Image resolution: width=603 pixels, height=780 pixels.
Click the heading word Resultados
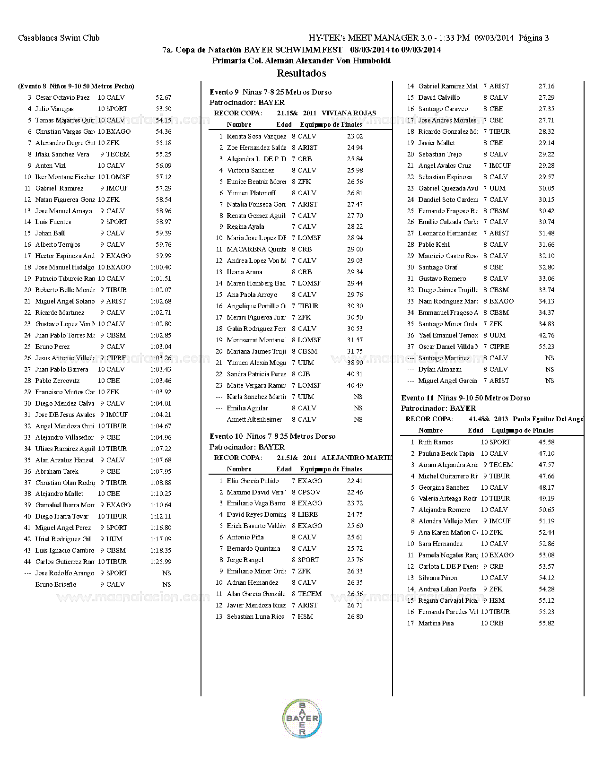tap(301, 73)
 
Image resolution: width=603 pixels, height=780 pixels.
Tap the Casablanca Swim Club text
tap(59, 38)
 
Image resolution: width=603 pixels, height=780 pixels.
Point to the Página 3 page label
tap(533, 38)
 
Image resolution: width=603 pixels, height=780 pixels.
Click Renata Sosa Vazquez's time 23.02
tap(355, 136)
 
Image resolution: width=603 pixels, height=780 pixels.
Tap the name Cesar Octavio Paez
tap(62, 98)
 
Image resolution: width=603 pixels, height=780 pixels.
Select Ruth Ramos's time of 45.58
tap(546, 442)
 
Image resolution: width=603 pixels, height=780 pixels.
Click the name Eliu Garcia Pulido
tap(253, 481)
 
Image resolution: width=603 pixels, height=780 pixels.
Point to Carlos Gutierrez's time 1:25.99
tap(161, 562)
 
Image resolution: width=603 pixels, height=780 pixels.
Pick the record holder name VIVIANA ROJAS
tap(349, 113)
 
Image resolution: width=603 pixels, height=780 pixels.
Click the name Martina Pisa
tap(436, 624)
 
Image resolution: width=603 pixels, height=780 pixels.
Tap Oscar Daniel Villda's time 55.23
tap(546, 347)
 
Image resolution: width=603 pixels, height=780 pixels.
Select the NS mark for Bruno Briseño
tap(166, 585)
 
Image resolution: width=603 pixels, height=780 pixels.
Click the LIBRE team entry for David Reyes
tap(307, 515)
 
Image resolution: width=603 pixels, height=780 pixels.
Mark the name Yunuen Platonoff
tap(251, 193)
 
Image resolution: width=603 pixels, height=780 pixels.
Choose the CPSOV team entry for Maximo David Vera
tap(309, 492)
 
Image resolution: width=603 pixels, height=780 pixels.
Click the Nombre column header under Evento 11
tap(430, 431)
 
